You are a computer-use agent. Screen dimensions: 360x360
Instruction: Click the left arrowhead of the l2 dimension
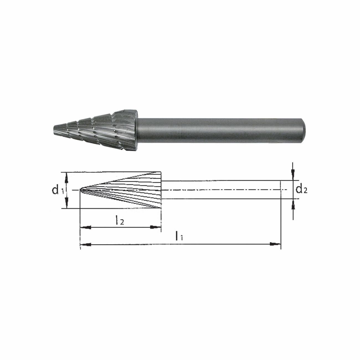click(86, 228)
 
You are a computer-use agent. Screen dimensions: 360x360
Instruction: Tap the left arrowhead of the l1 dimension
click(86, 244)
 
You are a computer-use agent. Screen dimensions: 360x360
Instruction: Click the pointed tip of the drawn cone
click(81, 190)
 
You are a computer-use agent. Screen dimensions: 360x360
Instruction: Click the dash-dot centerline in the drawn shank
click(222, 190)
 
